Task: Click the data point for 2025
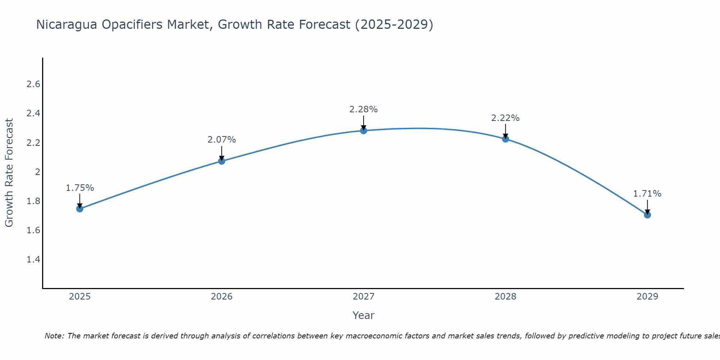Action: [80, 209]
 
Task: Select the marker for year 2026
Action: [222, 161]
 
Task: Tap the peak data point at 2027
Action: [364, 131]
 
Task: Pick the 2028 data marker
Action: [505, 139]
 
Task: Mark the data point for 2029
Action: [647, 215]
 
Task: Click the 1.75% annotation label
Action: [80, 188]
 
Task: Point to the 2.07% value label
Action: [222, 140]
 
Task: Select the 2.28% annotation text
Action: [364, 109]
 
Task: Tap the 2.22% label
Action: [505, 118]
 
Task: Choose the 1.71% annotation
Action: [647, 194]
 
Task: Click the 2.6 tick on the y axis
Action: [33, 85]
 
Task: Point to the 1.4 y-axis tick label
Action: [33, 260]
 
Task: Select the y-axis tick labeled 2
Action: [37, 172]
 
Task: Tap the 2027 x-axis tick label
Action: [364, 297]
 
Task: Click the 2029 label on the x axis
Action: [647, 297]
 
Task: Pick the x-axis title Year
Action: [364, 315]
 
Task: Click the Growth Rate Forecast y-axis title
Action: [9, 173]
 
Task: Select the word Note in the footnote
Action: [54, 336]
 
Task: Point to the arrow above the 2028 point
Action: [505, 131]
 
